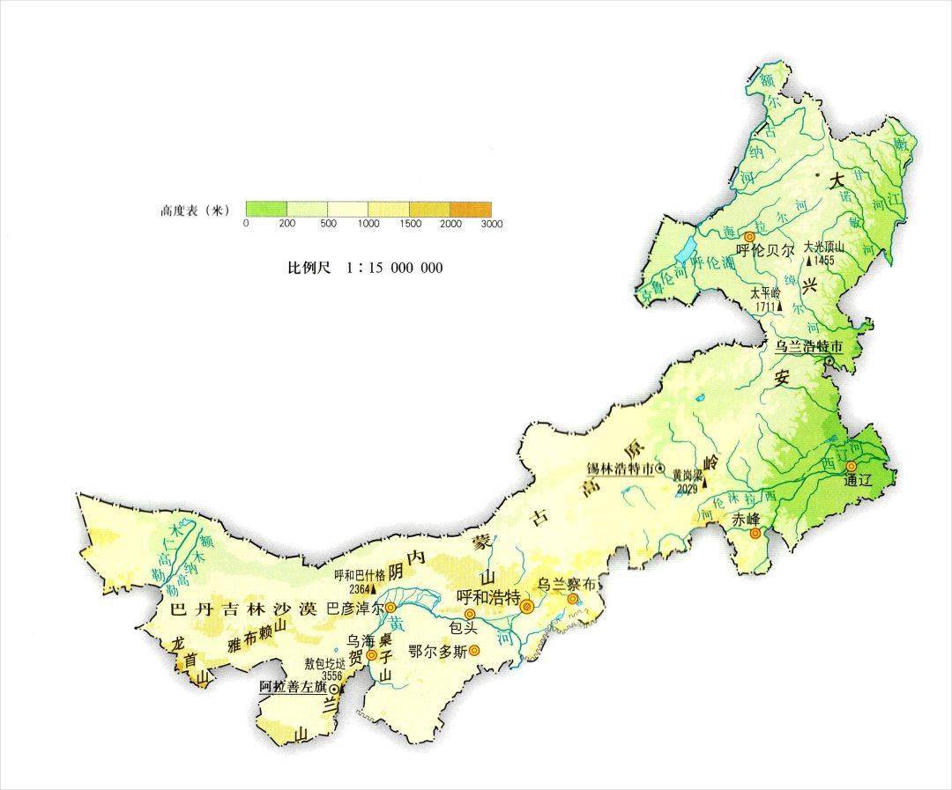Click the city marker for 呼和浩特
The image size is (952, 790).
click(x=526, y=606)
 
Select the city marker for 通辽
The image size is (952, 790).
click(x=851, y=467)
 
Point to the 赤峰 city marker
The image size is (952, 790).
click(x=755, y=533)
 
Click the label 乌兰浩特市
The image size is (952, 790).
click(x=808, y=347)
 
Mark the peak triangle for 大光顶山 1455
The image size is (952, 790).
click(x=809, y=262)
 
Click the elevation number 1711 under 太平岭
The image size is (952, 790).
click(x=763, y=306)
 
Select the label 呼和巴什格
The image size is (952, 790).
click(x=359, y=575)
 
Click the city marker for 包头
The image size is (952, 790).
click(x=470, y=613)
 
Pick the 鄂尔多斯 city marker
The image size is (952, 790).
click(x=474, y=651)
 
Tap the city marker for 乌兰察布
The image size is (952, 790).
click(x=572, y=599)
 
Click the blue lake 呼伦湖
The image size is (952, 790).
click(x=686, y=250)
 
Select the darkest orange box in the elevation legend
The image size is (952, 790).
click(x=471, y=209)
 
